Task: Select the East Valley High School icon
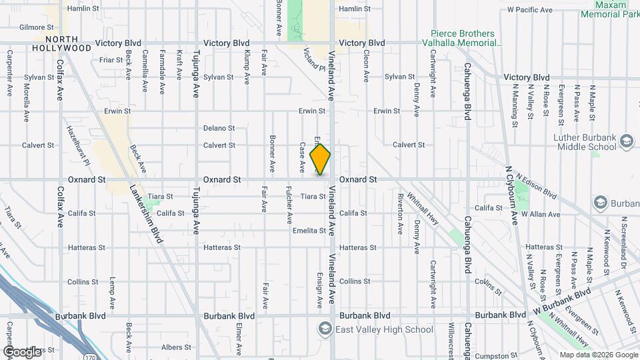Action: [x=325, y=329]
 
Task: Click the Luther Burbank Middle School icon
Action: [x=626, y=141]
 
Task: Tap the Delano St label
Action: [x=219, y=128]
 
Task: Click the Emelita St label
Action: [x=309, y=231]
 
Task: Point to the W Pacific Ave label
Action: [x=530, y=10]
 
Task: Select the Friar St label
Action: [x=108, y=60]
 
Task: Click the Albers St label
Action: [x=171, y=347]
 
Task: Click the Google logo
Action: [x=23, y=351]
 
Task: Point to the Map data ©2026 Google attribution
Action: [x=598, y=355]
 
